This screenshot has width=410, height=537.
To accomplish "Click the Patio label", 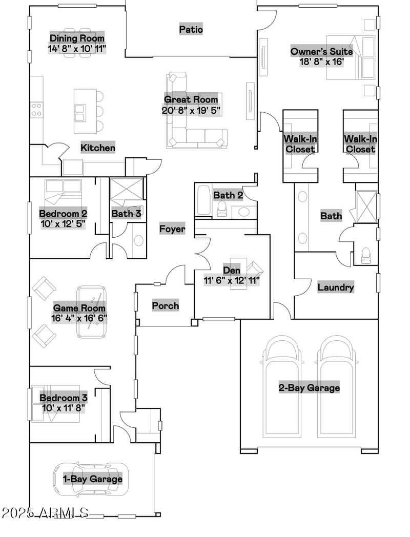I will click(191, 30).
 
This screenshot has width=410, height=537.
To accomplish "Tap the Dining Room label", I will click(77, 38).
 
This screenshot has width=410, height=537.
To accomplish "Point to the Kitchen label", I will click(98, 148).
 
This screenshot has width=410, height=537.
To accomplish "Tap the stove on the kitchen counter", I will click(36, 109).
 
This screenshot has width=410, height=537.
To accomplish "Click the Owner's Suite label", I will click(321, 51).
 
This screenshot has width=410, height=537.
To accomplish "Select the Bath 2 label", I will click(228, 195).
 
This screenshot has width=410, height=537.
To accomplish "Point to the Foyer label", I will click(172, 229).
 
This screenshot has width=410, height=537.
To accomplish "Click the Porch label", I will click(166, 306).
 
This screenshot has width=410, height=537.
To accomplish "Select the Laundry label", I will click(336, 287).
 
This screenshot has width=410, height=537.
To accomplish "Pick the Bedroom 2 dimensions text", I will click(63, 224).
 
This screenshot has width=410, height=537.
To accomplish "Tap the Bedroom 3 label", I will click(64, 398).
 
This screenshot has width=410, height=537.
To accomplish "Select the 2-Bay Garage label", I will click(309, 388).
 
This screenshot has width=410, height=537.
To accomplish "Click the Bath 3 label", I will click(126, 214).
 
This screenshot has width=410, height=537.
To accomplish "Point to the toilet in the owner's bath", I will click(366, 255).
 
